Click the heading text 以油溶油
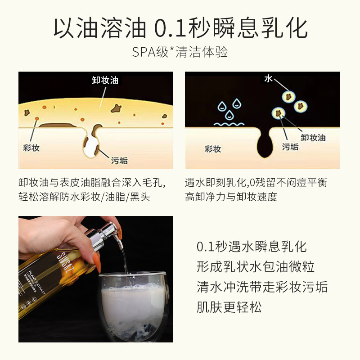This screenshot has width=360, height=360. click(100, 28)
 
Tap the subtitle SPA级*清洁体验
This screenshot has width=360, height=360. click(180, 52)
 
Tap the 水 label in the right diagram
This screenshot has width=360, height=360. click(269, 79)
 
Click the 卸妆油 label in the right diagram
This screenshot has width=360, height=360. click(313, 137)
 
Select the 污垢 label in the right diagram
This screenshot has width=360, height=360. click(290, 147)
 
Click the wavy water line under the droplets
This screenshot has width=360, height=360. click(229, 123)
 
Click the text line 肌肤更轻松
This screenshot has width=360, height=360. click(229, 307)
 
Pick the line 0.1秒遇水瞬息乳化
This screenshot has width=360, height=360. click(252, 247)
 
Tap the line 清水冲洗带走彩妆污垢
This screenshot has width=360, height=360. click(262, 287)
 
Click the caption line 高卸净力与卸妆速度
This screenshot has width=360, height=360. click(231, 197)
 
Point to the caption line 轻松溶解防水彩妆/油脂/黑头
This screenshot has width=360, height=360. click(84, 197)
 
